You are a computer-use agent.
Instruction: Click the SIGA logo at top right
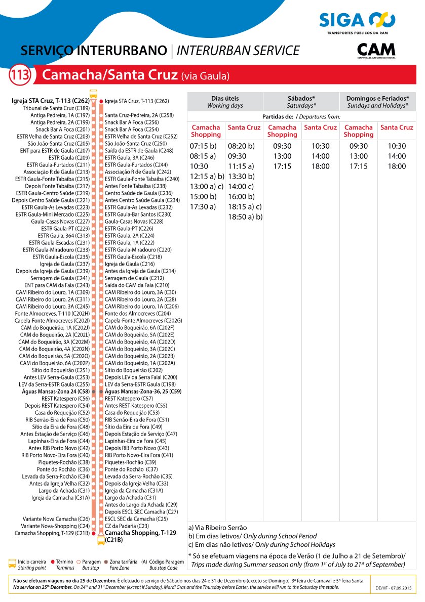tap(357, 20)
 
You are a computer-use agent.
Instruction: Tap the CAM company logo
tap(376, 51)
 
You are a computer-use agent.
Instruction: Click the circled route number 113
tap(20, 76)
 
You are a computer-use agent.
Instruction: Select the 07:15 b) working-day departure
tap(203, 146)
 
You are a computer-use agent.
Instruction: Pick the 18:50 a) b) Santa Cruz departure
tap(245, 217)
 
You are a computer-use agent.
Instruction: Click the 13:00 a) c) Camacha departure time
tap(207, 187)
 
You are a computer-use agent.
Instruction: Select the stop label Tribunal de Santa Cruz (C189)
tap(56, 108)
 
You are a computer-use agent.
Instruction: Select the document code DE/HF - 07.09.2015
tap(394, 588)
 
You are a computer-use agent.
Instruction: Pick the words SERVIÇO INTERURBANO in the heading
tap(94, 51)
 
